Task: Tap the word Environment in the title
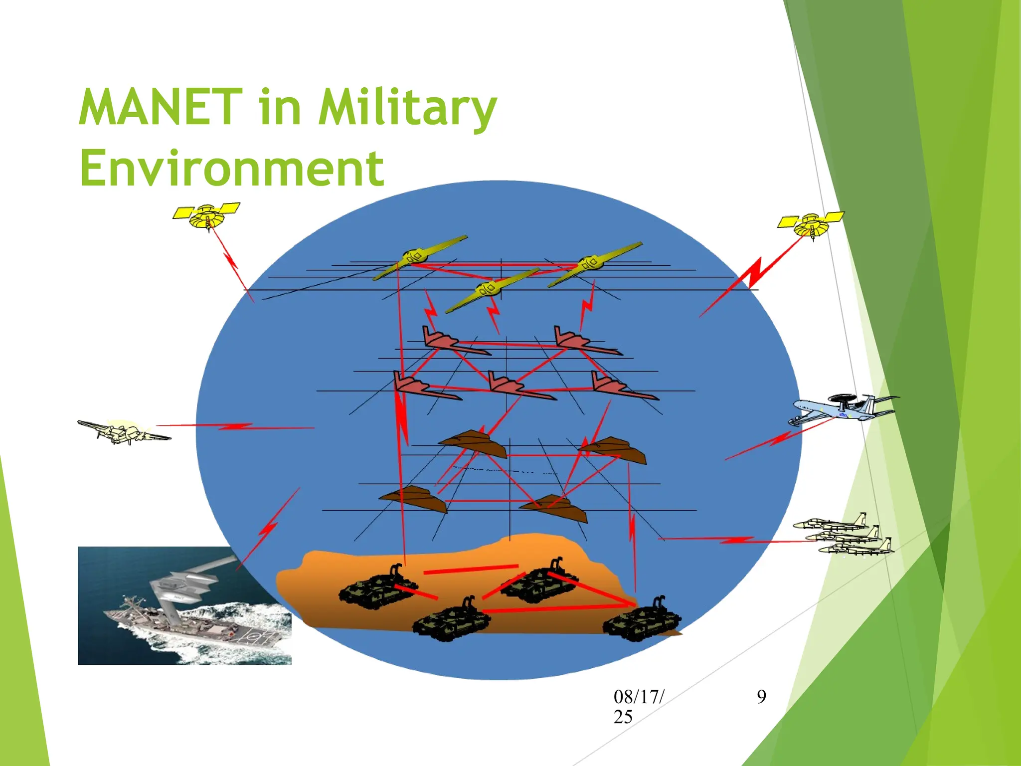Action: tap(232, 168)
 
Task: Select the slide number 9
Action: tap(761, 697)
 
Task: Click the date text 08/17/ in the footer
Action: tap(639, 697)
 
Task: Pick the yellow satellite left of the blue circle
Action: tap(207, 215)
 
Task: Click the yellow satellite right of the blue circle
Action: tap(811, 224)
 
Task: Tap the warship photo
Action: tap(184, 605)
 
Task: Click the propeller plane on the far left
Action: tap(123, 432)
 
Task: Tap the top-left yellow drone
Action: tap(419, 258)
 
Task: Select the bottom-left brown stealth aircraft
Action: tap(414, 498)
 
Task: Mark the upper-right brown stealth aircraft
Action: tap(613, 449)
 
